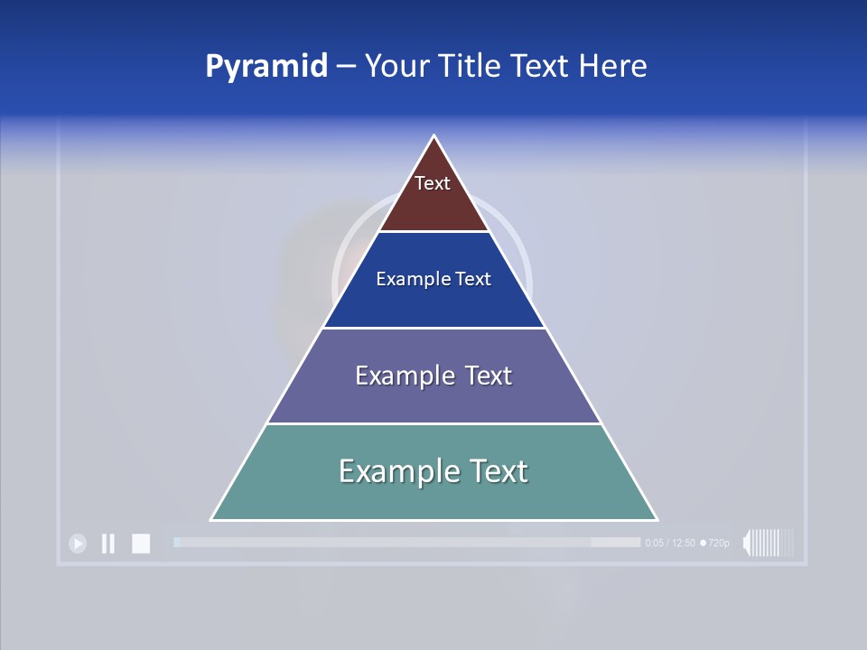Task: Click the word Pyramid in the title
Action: coord(266,66)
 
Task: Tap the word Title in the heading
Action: coord(471,66)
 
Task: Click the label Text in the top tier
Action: coord(433,183)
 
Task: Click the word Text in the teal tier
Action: coord(496,471)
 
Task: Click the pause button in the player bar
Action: coord(107,543)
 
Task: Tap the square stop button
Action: coord(141,543)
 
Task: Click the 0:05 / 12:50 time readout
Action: coord(670,543)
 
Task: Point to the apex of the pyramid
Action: coord(434,138)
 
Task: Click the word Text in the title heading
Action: coord(542,66)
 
